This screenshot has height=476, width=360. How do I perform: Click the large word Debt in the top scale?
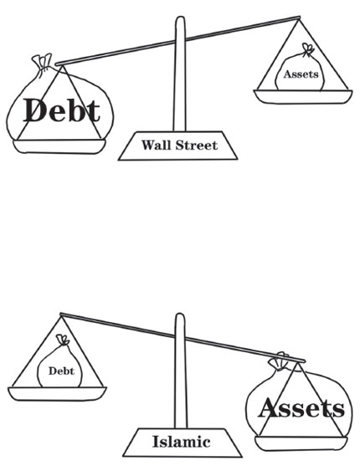click(x=62, y=110)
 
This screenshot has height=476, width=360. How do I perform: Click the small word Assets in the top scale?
click(x=301, y=74)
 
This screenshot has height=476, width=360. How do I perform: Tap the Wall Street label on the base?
click(x=179, y=145)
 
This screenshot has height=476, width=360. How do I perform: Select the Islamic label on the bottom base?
click(x=182, y=442)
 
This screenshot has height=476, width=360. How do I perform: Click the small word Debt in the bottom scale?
click(x=61, y=371)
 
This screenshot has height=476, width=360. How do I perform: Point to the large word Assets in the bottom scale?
click(x=301, y=408)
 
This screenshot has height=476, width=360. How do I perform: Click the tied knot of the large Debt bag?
click(x=44, y=63)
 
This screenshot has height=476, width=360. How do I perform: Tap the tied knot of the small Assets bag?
click(x=307, y=50)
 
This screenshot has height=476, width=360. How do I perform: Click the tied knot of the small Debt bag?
click(x=63, y=340)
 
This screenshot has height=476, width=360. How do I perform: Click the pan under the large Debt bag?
click(x=59, y=146)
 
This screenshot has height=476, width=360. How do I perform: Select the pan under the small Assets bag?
click(x=303, y=96)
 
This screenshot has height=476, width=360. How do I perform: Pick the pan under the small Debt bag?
click(x=57, y=394)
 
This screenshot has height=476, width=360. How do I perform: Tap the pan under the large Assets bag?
click(x=301, y=443)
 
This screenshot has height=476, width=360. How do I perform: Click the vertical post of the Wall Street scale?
click(x=180, y=74)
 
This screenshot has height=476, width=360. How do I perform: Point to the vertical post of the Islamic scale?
click(x=181, y=371)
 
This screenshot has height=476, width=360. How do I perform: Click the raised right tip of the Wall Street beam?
click(x=299, y=18)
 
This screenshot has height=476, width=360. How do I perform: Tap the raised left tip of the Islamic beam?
click(x=61, y=315)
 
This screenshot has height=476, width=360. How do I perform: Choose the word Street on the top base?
click(x=197, y=145)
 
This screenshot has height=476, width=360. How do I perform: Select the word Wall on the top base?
click(x=157, y=145)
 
